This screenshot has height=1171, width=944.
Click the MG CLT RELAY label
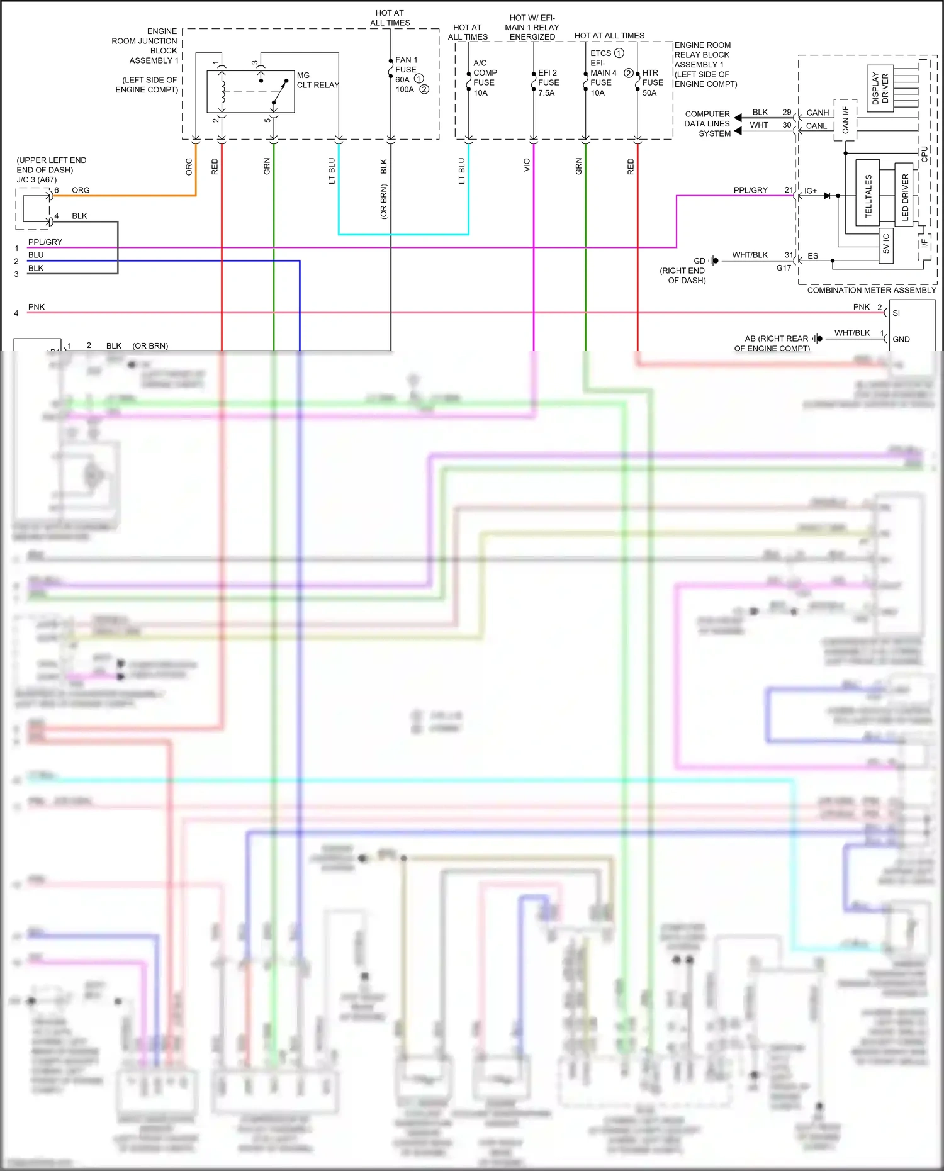[x=317, y=80]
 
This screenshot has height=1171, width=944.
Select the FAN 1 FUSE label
[x=406, y=65]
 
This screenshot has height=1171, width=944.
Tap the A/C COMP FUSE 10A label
[x=485, y=78]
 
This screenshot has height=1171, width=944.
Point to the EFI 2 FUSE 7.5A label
[x=548, y=82]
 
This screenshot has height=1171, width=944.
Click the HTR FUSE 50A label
[x=653, y=82]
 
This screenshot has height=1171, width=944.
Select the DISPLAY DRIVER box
[x=880, y=87]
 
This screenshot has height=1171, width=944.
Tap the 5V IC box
[x=886, y=244]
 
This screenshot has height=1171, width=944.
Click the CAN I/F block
[x=845, y=120]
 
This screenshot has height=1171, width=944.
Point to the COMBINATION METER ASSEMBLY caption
[x=871, y=290]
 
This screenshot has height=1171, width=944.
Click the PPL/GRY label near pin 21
[x=750, y=190]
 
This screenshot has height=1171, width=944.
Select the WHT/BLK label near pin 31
[x=750, y=255]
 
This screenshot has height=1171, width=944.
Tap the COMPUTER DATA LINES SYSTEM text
[x=707, y=124]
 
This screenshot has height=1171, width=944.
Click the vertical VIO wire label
[x=527, y=165]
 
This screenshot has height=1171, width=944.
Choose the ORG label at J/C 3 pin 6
[x=81, y=190]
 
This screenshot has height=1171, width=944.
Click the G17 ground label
[x=784, y=268]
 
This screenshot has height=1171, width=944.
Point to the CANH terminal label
[x=818, y=113]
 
